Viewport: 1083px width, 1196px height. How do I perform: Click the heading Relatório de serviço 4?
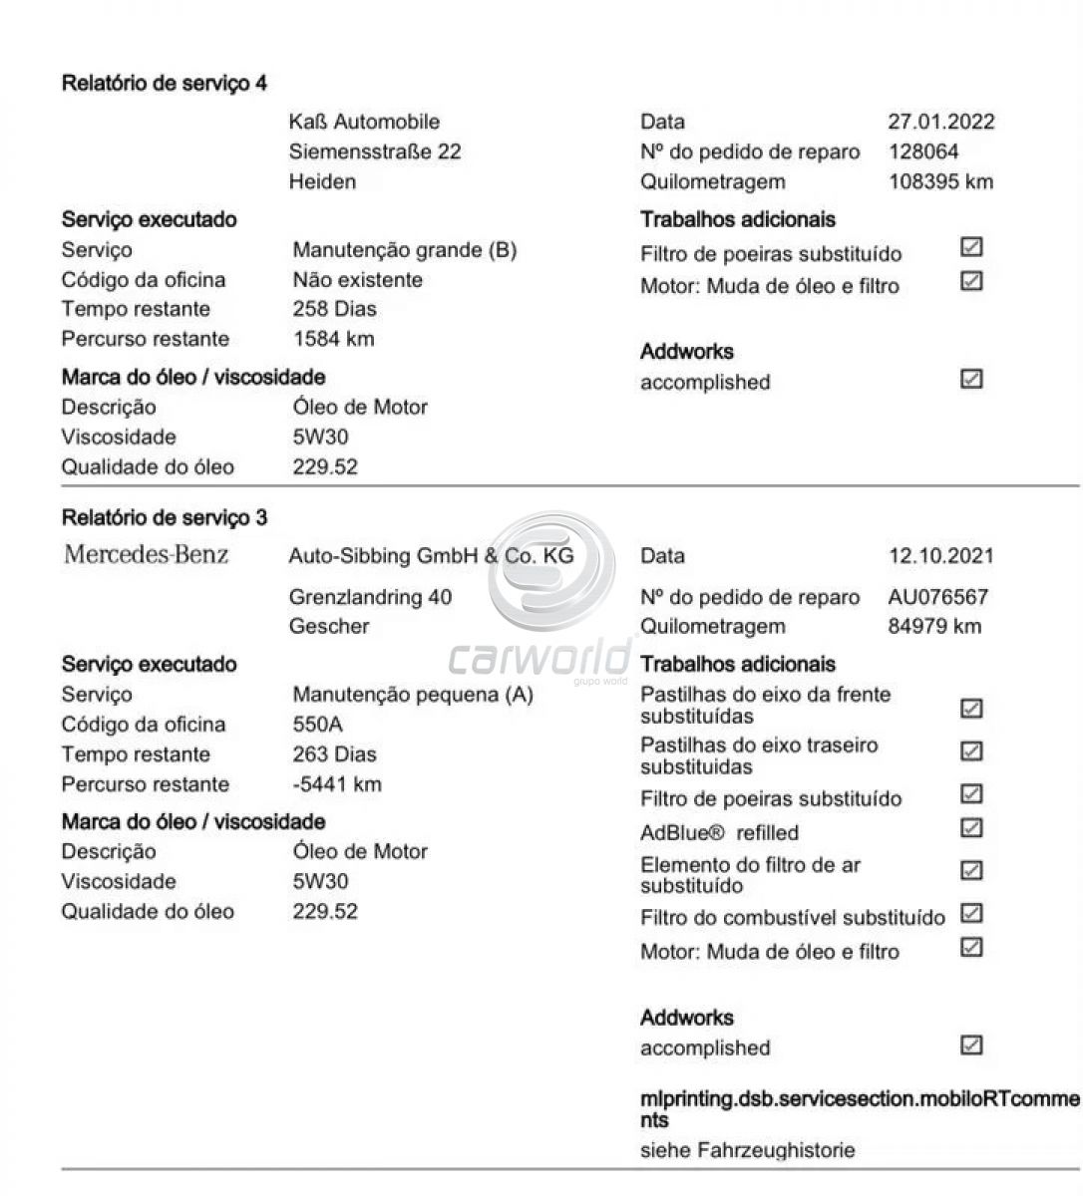pyautogui.click(x=165, y=83)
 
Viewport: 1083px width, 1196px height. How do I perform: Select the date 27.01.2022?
pyautogui.click(x=940, y=122)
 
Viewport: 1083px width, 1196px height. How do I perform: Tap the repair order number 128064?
pyautogui.click(x=922, y=151)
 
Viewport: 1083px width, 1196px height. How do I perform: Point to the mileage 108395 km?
pyautogui.click(x=939, y=181)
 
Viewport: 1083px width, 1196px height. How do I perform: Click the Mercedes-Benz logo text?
pyautogui.click(x=146, y=554)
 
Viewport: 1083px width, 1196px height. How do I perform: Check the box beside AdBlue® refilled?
pyautogui.click(x=971, y=828)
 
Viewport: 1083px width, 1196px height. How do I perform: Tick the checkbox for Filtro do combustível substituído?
pyautogui.click(x=971, y=913)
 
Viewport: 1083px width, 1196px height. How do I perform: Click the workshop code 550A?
pyautogui.click(x=317, y=725)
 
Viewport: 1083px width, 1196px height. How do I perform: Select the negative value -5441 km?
pyautogui.click(x=336, y=784)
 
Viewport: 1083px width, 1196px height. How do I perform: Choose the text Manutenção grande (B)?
pyautogui.click(x=404, y=250)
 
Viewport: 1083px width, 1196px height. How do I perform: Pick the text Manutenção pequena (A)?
pyautogui.click(x=413, y=695)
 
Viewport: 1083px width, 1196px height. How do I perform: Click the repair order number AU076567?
pyautogui.click(x=937, y=597)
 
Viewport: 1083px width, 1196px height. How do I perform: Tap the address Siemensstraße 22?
pyautogui.click(x=375, y=151)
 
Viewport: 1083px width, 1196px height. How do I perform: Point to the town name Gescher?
pyautogui.click(x=329, y=626)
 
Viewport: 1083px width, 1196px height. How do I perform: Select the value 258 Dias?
pyautogui.click(x=334, y=309)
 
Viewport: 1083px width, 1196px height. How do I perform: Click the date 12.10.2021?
pyautogui.click(x=940, y=556)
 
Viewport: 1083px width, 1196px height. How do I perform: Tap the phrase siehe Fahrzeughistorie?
pyautogui.click(x=747, y=1150)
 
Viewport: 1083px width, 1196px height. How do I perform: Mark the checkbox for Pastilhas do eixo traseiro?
pyautogui.click(x=971, y=750)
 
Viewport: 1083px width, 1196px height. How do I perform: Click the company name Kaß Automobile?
pyautogui.click(x=364, y=122)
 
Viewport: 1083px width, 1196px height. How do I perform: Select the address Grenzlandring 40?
pyautogui.click(x=370, y=597)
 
